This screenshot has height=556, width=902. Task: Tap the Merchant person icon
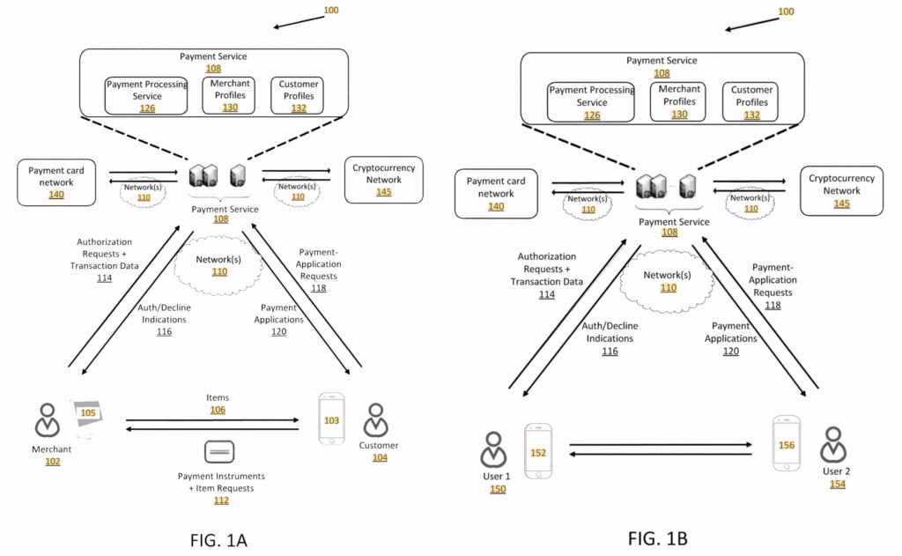(47, 420)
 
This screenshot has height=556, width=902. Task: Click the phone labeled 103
(331, 421)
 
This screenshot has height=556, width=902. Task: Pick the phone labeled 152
(537, 451)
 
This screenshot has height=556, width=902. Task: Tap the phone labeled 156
(786, 445)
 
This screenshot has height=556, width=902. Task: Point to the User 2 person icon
(832, 446)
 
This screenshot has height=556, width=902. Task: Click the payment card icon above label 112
(218, 453)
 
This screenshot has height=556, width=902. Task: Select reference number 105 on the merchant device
(88, 412)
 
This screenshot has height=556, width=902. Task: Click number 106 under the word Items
(217, 411)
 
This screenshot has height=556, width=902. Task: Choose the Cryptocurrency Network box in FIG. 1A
(383, 180)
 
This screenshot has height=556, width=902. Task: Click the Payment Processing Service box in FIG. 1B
(591, 102)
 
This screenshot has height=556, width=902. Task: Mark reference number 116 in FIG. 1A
(164, 332)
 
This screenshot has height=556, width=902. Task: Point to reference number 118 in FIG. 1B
(773, 305)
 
